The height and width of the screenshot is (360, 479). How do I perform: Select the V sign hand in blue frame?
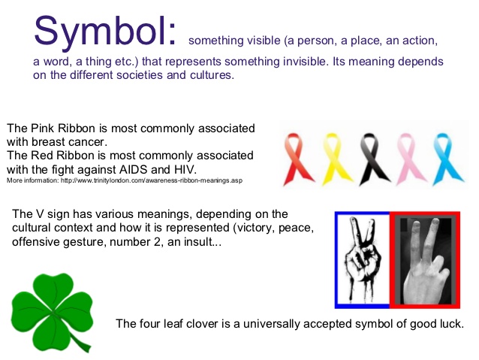pyautogui.click(x=362, y=260)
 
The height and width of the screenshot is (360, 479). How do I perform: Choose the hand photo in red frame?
pyautogui.click(x=424, y=260)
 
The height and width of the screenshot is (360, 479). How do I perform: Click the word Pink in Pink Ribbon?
pyautogui.click(x=42, y=128)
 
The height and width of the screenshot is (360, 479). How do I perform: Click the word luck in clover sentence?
pyautogui.click(x=450, y=323)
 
